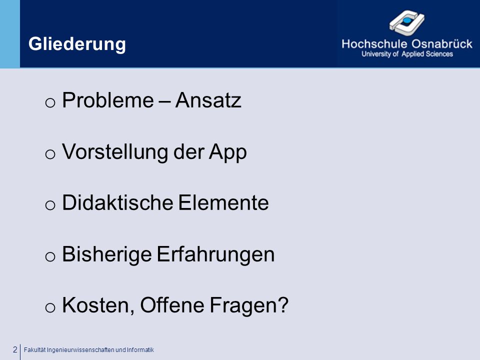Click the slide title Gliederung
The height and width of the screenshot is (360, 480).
[77, 44]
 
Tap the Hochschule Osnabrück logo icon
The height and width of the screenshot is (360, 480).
[407, 21]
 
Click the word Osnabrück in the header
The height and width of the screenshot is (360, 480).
[441, 44]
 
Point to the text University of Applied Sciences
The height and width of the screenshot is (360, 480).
[407, 54]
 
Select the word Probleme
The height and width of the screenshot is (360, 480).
[108, 100]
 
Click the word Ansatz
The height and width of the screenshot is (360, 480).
[208, 100]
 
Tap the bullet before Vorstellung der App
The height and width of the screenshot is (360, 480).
[50, 154]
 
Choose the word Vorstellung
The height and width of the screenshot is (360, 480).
[115, 152]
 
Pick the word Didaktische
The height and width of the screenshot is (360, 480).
[118, 202]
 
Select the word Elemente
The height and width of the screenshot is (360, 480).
[223, 202]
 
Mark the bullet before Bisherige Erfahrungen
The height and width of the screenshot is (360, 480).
[50, 256]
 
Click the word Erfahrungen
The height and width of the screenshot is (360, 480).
[216, 254]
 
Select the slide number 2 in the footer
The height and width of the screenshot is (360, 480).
[15, 349]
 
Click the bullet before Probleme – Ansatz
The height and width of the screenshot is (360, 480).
[50, 102]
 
